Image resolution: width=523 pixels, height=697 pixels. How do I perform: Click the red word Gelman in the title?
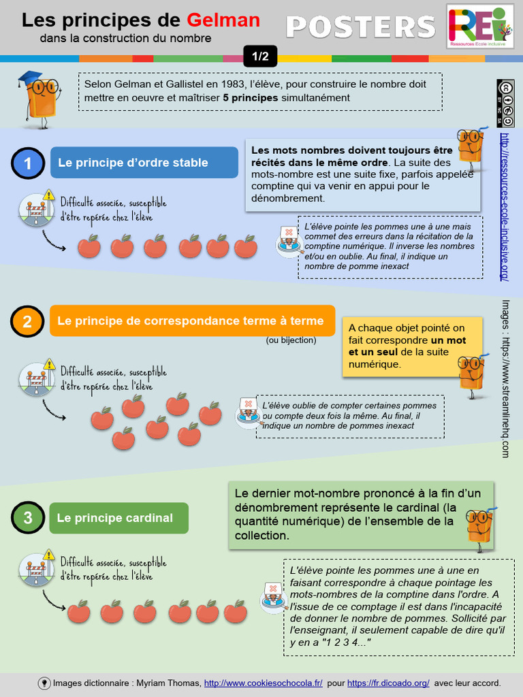pos(223,20)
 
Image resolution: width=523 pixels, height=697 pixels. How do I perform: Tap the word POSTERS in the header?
pos(360,27)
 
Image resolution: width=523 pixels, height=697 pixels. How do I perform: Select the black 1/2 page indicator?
pos(260,57)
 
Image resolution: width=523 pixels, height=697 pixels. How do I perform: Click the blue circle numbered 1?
pos(28,163)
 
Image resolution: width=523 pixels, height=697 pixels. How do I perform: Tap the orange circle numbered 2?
pos(28,321)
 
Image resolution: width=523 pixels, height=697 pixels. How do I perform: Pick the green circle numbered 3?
pos(28,518)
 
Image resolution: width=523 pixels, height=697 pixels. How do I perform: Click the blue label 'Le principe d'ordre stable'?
pos(144,163)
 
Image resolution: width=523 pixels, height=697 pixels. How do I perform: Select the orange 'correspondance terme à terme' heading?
pos(193,321)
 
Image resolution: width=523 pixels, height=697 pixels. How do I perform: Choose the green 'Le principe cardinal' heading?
pos(118,518)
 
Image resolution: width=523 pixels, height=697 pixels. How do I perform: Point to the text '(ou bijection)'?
pos(291,340)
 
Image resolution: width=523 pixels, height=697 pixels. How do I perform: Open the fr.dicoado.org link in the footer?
pos(388,683)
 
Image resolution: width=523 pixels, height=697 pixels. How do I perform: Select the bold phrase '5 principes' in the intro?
pos(250,98)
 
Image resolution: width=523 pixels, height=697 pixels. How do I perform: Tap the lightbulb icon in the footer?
pos(44,683)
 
